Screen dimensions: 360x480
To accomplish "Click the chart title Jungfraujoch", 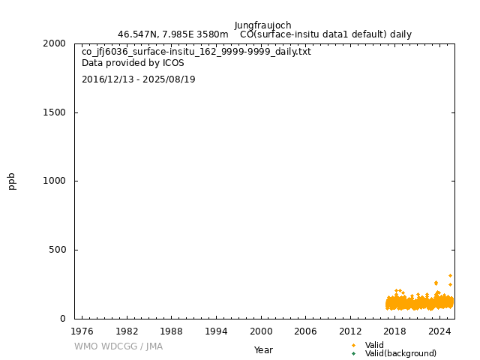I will tap(262, 25).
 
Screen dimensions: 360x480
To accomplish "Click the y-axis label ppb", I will tap(12, 181).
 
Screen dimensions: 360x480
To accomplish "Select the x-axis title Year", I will tap(263, 350).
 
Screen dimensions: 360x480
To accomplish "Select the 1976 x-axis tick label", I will tap(82, 331).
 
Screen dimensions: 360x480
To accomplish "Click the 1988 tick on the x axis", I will tap(171, 331).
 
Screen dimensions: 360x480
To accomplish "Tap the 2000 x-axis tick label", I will tap(261, 331).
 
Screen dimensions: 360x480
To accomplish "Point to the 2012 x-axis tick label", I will tap(350, 331).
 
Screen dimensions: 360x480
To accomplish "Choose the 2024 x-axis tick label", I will tap(440, 331).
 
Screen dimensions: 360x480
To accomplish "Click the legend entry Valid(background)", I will tap(400, 354).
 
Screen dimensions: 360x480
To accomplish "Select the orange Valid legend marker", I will tap(353, 346).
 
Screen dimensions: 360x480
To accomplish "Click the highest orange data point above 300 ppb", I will tap(450, 275).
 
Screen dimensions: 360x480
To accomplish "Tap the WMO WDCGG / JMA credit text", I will tap(118, 346).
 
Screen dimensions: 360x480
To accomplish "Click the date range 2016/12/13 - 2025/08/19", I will tap(139, 79).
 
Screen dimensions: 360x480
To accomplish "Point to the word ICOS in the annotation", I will tap(172, 64).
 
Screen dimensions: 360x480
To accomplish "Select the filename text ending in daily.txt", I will tap(196, 52).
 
